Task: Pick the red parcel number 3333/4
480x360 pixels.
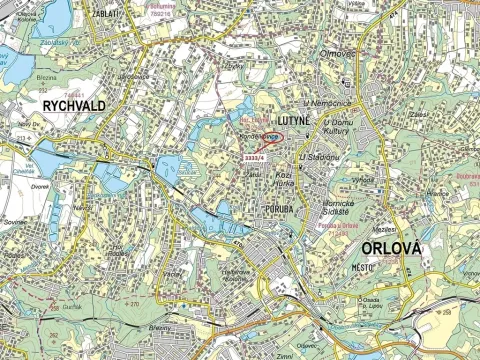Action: point(254,156)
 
